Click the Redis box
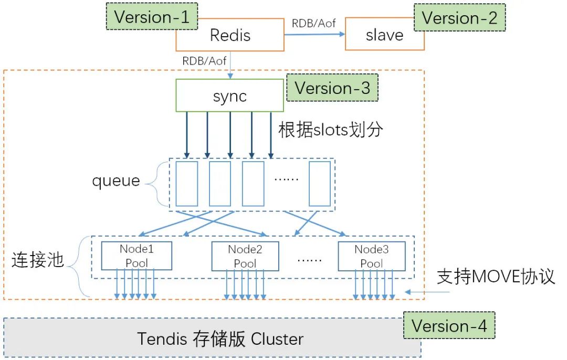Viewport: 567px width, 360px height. [230, 36]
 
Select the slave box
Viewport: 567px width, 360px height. [384, 36]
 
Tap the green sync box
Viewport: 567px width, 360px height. [229, 96]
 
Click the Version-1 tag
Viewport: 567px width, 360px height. [152, 17]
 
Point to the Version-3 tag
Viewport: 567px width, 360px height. [332, 88]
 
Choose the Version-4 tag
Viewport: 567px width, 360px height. [449, 325]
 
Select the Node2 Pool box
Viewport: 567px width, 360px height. [245, 256]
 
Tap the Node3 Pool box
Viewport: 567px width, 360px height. [371, 256]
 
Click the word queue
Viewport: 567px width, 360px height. [116, 181]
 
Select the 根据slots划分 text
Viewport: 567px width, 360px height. [331, 129]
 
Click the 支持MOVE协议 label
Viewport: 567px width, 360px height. [496, 276]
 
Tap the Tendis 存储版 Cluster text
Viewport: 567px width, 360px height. [220, 338]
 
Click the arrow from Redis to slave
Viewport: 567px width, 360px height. [314, 35]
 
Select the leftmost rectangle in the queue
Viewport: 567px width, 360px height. [187, 184]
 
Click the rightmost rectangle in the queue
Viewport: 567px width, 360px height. [320, 184]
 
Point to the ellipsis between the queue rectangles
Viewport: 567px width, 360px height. [286, 179]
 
